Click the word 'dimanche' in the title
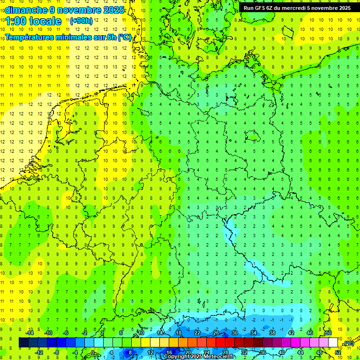(x=25, y=10)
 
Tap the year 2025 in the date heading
(x=112, y=10)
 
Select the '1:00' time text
(x=17, y=21)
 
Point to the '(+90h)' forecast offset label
(x=81, y=21)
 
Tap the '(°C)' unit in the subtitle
(x=125, y=37)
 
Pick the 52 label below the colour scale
(x=338, y=352)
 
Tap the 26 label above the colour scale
(x=216, y=333)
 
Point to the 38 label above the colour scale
(x=272, y=333)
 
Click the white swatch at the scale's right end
(x=333, y=343)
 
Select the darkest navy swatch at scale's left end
(x=23, y=343)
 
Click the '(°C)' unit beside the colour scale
(x=348, y=344)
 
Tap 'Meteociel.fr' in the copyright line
(x=219, y=357)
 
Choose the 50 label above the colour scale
(x=329, y=333)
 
